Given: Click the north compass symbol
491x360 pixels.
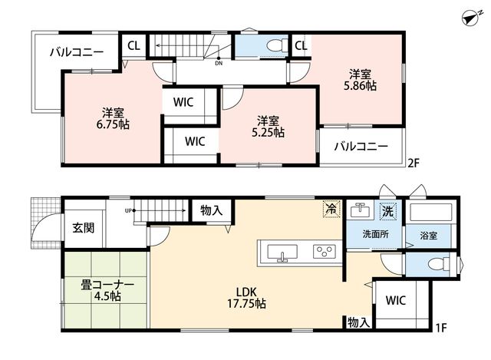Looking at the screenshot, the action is [473, 18].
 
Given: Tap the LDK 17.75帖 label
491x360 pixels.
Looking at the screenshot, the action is [246, 298].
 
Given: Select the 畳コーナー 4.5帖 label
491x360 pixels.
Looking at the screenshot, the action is [107, 290].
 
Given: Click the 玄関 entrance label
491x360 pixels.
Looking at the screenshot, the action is [84, 228].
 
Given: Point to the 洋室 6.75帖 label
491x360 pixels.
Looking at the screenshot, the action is [113, 119].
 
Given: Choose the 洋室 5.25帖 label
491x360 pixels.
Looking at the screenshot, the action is [268, 127].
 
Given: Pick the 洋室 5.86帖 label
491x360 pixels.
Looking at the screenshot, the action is [360, 80].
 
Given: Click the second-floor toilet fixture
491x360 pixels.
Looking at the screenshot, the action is [278, 45].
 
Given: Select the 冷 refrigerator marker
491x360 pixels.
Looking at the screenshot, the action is [331, 209].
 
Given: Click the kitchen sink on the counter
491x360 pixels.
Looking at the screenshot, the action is [282, 253].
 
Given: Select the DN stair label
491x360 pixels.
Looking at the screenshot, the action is [219, 63].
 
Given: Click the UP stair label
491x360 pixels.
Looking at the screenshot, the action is [128, 211].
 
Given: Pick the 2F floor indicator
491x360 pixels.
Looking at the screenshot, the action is [413, 163].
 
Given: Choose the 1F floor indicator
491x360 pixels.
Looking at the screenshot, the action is [440, 328].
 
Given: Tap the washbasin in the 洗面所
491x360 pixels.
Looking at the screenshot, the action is [360, 210].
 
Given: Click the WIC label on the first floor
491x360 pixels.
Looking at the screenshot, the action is [396, 300].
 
